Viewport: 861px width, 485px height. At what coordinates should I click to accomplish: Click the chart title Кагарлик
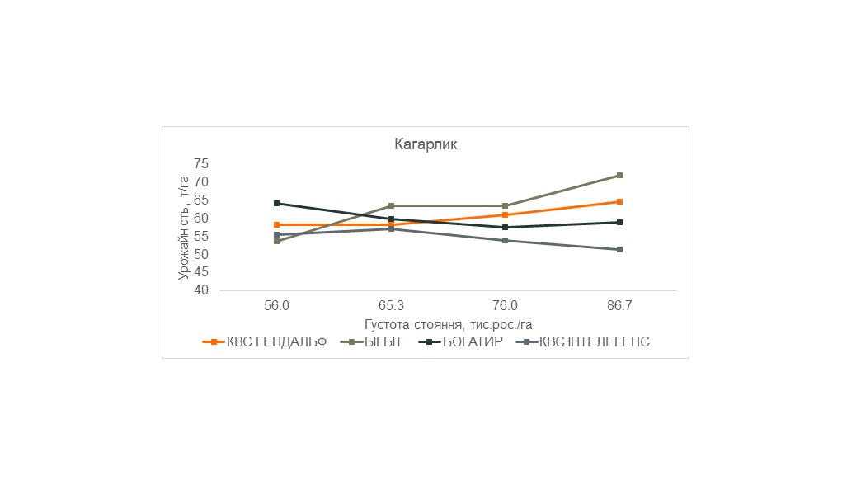click(424, 144)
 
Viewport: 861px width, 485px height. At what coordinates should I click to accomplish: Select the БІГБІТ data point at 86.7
click(619, 175)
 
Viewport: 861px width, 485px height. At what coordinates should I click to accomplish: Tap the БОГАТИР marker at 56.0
click(276, 203)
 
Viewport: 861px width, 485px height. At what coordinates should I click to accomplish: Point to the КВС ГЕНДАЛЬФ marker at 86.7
click(619, 201)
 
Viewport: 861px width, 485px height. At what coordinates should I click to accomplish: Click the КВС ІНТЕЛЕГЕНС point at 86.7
click(619, 249)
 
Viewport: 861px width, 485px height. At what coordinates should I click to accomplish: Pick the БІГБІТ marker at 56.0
click(276, 241)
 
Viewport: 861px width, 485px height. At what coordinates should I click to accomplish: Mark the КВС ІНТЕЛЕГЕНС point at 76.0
click(505, 240)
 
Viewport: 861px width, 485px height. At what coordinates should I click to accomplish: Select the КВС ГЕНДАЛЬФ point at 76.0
click(505, 214)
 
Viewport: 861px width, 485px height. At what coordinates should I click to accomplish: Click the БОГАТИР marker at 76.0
click(505, 227)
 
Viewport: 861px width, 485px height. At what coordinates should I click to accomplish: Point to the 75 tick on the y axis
click(202, 164)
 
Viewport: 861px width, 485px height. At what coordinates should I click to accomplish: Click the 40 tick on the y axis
click(202, 291)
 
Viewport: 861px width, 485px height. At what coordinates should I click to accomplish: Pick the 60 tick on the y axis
click(202, 219)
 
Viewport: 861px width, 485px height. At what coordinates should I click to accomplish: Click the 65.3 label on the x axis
click(391, 306)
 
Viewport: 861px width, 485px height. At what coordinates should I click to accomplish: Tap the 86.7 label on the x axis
click(619, 306)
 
